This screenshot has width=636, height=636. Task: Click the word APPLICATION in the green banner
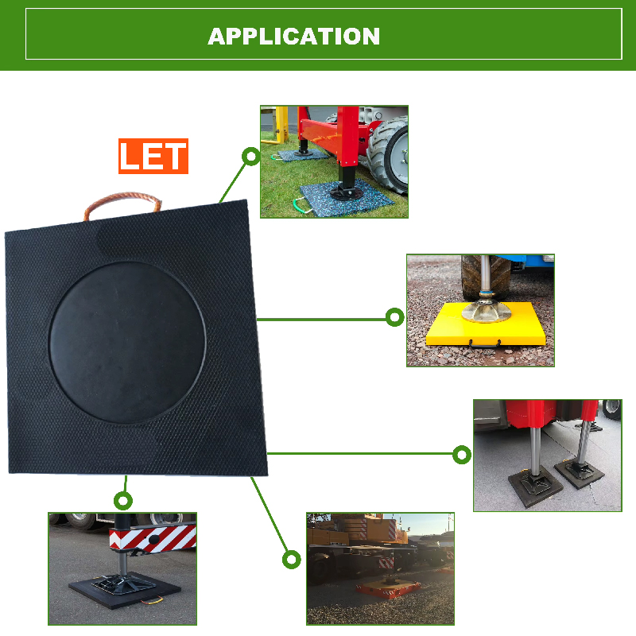tap(293, 37)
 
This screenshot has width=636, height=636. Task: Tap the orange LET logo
tap(153, 156)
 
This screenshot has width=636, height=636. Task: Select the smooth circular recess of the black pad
tap(127, 343)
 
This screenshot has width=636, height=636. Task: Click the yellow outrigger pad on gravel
tap(486, 324)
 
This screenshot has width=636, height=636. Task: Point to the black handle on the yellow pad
tap(485, 344)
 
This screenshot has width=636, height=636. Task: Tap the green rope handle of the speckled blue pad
tap(301, 204)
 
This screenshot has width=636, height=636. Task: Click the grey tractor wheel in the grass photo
tap(390, 154)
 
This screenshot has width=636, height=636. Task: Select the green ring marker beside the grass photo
tap(251, 156)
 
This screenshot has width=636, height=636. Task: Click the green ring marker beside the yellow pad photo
tap(394, 317)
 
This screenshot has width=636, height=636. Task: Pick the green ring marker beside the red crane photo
tap(462, 454)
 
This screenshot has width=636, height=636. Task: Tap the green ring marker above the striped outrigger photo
tap(123, 501)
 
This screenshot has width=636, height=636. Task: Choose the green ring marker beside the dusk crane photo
tap(291, 560)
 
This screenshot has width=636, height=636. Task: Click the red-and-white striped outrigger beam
tap(153, 538)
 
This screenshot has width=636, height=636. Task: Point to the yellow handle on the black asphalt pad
tap(152, 599)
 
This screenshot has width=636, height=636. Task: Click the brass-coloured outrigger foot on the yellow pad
tap(486, 312)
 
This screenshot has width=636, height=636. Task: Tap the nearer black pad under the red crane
tap(535, 491)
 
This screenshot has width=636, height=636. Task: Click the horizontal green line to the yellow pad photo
tap(321, 320)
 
